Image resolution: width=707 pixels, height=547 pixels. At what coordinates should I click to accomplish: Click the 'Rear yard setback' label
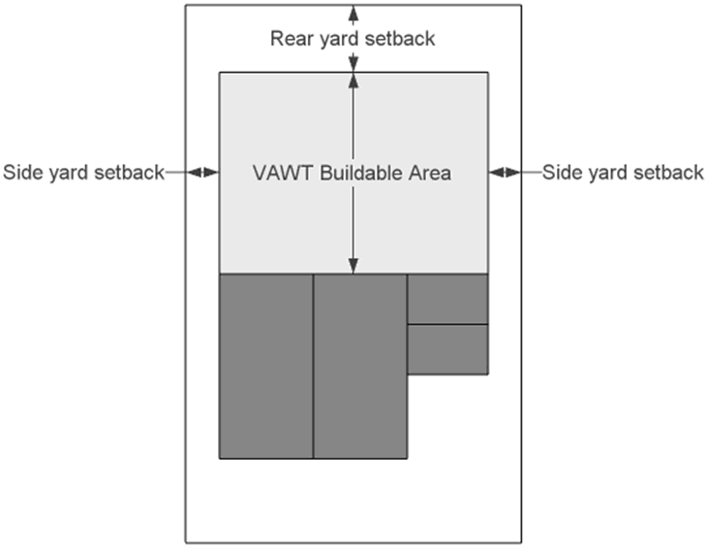(x=353, y=39)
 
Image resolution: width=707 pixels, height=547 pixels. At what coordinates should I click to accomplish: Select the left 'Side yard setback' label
(x=83, y=173)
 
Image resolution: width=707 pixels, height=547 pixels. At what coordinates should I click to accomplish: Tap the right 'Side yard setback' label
(x=623, y=173)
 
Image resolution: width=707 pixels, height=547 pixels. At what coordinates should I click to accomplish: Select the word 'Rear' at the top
(x=290, y=39)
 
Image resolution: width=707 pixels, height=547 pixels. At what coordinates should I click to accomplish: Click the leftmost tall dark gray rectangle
(x=266, y=366)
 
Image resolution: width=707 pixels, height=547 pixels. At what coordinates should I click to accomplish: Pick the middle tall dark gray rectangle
(x=360, y=366)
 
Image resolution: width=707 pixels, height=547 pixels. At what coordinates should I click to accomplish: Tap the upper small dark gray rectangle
(x=446, y=299)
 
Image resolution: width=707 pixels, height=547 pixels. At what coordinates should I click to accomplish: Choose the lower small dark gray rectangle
(x=446, y=349)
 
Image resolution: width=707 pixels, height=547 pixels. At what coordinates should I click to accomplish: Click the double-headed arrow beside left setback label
(x=202, y=173)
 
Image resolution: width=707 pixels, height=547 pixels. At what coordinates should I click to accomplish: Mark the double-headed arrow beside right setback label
(x=505, y=173)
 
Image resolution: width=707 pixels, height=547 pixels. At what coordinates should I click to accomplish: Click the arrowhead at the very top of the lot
(x=353, y=10)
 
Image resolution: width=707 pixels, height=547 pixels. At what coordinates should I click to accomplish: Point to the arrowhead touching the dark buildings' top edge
(x=353, y=267)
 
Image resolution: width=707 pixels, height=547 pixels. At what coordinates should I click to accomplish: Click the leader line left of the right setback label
(x=530, y=173)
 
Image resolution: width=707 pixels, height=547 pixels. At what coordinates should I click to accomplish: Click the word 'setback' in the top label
(x=400, y=39)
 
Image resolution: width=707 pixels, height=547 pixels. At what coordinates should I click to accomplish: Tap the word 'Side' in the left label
(x=22, y=173)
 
